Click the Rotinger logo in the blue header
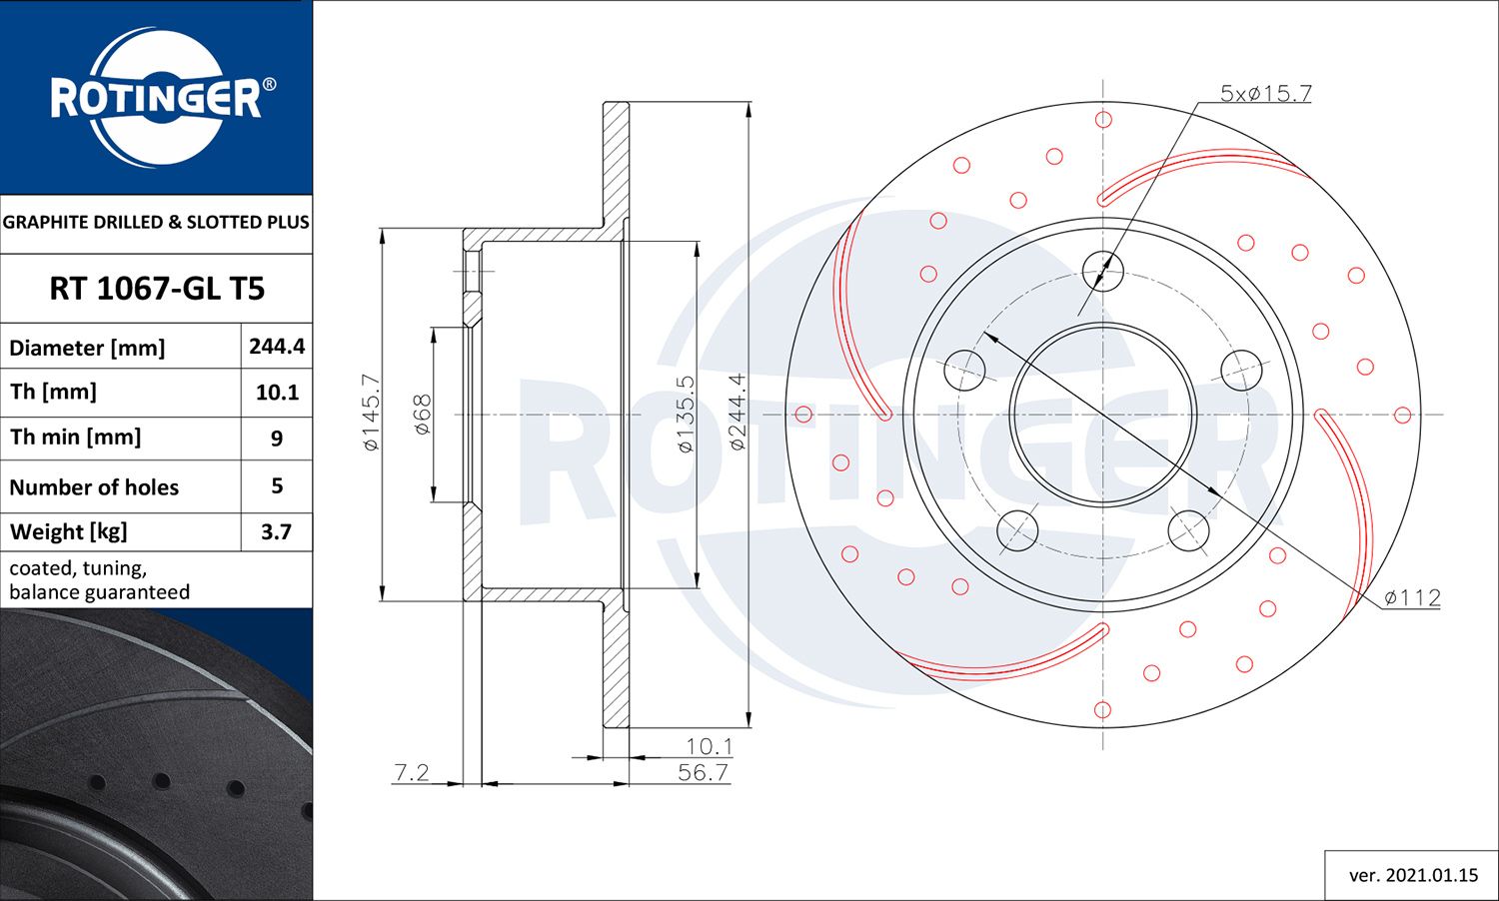(x=157, y=98)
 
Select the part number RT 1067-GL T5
(x=157, y=289)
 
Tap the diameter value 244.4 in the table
(x=277, y=346)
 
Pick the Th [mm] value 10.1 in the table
(x=277, y=393)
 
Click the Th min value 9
(x=277, y=439)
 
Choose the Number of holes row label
(x=94, y=487)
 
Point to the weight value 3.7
(x=277, y=531)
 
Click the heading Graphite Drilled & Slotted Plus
(x=156, y=222)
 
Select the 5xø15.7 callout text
(x=1265, y=93)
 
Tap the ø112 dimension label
(x=1412, y=597)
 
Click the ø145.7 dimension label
(x=371, y=412)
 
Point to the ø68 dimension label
(x=422, y=414)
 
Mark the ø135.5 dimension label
(x=686, y=414)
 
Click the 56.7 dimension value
(x=703, y=772)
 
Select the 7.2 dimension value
(x=412, y=772)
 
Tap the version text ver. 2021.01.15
(x=1412, y=875)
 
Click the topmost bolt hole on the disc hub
(x=1103, y=270)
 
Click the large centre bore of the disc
(x=1103, y=415)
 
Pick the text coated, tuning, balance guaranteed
(x=99, y=580)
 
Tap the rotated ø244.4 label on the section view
(x=738, y=411)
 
